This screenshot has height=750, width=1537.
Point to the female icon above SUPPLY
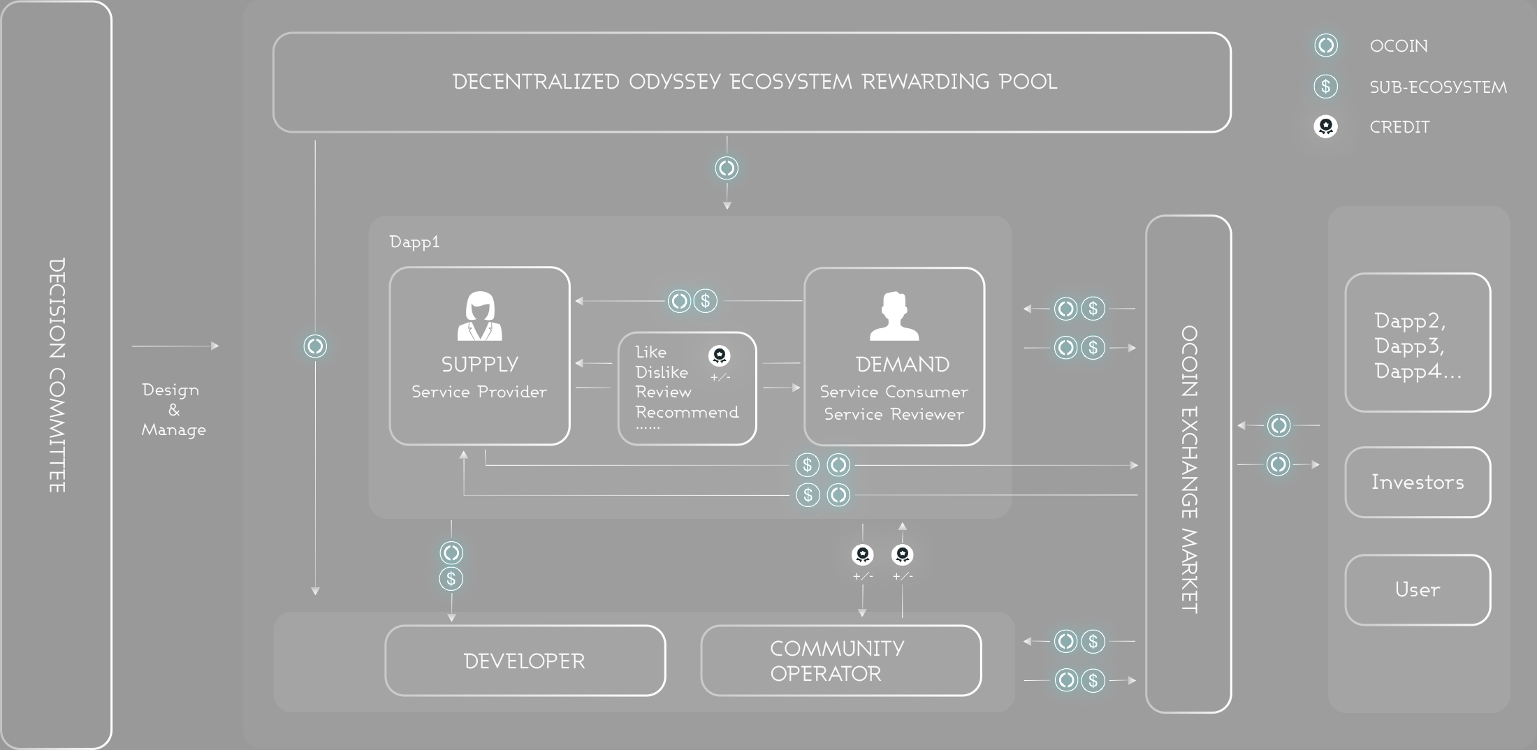pyautogui.click(x=479, y=316)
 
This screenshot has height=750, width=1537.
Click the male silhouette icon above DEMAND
pyautogui.click(x=894, y=316)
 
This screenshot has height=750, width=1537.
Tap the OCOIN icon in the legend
pyautogui.click(x=1325, y=45)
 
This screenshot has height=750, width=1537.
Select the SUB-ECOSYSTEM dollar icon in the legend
pyautogui.click(x=1325, y=87)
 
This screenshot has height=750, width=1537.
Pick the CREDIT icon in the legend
pyautogui.click(x=1325, y=126)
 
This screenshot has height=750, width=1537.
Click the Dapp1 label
pyautogui.click(x=414, y=242)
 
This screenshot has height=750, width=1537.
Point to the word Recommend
pyautogui.click(x=687, y=412)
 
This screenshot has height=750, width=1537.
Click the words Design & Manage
pyautogui.click(x=173, y=409)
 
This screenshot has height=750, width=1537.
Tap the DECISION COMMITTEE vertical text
pyautogui.click(x=57, y=375)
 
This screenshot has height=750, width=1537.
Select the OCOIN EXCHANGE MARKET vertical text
pyautogui.click(x=1189, y=469)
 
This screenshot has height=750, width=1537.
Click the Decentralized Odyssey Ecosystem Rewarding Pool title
pyautogui.click(x=755, y=82)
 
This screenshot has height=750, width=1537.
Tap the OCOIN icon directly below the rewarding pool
pyautogui.click(x=727, y=168)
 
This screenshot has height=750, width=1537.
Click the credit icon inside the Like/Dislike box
pyautogui.click(x=719, y=355)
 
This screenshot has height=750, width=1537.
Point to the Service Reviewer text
pyautogui.click(x=894, y=414)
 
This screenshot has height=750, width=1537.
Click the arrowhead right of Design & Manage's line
pyautogui.click(x=215, y=346)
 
